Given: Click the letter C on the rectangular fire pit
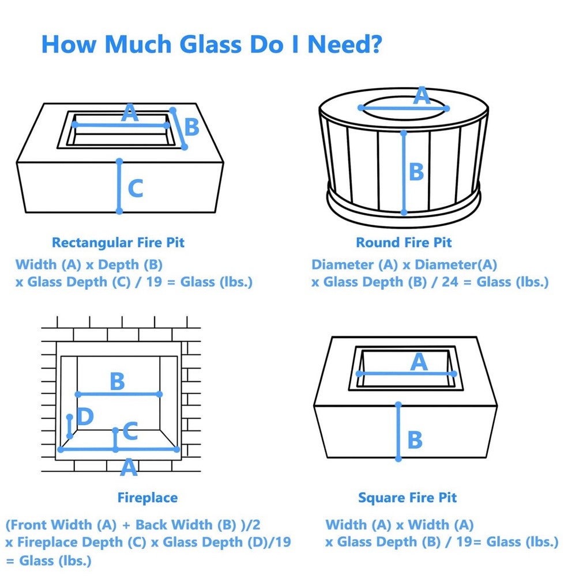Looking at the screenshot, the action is pyautogui.click(x=136, y=188).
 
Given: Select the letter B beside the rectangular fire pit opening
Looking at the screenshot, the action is pyautogui.click(x=191, y=127).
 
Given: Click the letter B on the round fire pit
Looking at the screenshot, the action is pyautogui.click(x=416, y=172).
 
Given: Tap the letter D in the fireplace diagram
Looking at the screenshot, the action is pyautogui.click(x=85, y=416).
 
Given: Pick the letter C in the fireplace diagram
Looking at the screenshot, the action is pyautogui.click(x=130, y=431).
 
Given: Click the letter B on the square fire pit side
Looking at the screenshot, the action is pyautogui.click(x=415, y=439).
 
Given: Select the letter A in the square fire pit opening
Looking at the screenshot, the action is pyautogui.click(x=419, y=362).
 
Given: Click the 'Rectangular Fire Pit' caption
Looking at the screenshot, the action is pyautogui.click(x=118, y=242).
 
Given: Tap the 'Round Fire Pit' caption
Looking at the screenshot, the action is pyautogui.click(x=404, y=242).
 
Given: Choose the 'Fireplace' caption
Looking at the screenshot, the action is pyautogui.click(x=148, y=498).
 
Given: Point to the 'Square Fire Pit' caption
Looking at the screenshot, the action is pyautogui.click(x=407, y=498).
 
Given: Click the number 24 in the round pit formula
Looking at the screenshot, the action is pyautogui.click(x=450, y=282).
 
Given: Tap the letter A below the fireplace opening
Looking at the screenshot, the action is pyautogui.click(x=129, y=468).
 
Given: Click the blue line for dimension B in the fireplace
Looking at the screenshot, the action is pyautogui.click(x=118, y=394).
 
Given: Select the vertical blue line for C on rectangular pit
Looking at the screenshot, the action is pyautogui.click(x=119, y=186).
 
